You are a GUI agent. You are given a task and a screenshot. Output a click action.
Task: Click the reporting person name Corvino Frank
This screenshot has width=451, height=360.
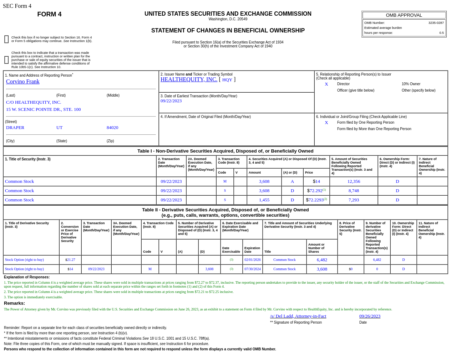pyautogui.click(x=23, y=82)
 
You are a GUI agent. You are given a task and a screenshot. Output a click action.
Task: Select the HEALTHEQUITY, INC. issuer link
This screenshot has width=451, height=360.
pyautogui.click(x=189, y=79)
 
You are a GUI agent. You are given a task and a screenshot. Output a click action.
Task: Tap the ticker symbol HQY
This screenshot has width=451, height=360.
pyautogui.click(x=227, y=80)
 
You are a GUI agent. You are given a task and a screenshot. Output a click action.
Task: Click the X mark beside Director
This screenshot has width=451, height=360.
pyautogui.click(x=326, y=84)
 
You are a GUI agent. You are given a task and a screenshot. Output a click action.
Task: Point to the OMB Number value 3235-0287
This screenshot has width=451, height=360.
pyautogui.click(x=436, y=23)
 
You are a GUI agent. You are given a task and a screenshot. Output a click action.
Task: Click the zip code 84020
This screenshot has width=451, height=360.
pyautogui.click(x=112, y=128)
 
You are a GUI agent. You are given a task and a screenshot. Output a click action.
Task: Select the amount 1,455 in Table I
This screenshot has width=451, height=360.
pyautogui.click(x=264, y=200)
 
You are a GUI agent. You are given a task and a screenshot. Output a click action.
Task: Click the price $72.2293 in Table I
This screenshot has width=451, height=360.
pyautogui.click(x=316, y=200)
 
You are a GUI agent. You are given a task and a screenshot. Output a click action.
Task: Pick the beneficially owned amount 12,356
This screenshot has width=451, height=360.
pyautogui.click(x=354, y=181)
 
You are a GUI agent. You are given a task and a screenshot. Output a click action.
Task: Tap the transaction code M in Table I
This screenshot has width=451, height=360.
pyautogui.click(x=225, y=181)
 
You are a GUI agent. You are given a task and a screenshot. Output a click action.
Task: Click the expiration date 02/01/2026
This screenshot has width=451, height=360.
pyautogui.click(x=252, y=260)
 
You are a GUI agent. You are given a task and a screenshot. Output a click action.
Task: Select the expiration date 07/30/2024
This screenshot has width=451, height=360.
pyautogui.click(x=252, y=269)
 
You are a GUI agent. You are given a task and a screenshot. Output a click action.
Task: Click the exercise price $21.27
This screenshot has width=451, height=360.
pyautogui.click(x=70, y=260)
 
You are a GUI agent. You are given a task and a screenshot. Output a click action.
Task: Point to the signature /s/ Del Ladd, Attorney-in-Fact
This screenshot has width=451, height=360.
pyautogui.click(x=298, y=316)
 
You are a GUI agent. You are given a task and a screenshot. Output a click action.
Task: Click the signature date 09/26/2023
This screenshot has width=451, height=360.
pyautogui.click(x=370, y=316)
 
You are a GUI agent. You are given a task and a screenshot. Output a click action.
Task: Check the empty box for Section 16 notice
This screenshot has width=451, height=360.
pyautogui.click(x=6, y=39)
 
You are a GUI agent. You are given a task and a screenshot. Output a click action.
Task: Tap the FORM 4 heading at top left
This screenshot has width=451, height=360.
pyautogui.click(x=49, y=14)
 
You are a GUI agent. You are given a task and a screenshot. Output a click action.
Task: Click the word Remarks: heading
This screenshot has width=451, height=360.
pyautogui.click(x=14, y=303)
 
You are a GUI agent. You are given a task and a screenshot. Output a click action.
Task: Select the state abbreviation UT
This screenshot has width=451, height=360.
pyautogui.click(x=59, y=128)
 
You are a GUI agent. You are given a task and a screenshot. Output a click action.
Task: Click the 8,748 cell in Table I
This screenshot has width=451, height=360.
pyautogui.click(x=354, y=191)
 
